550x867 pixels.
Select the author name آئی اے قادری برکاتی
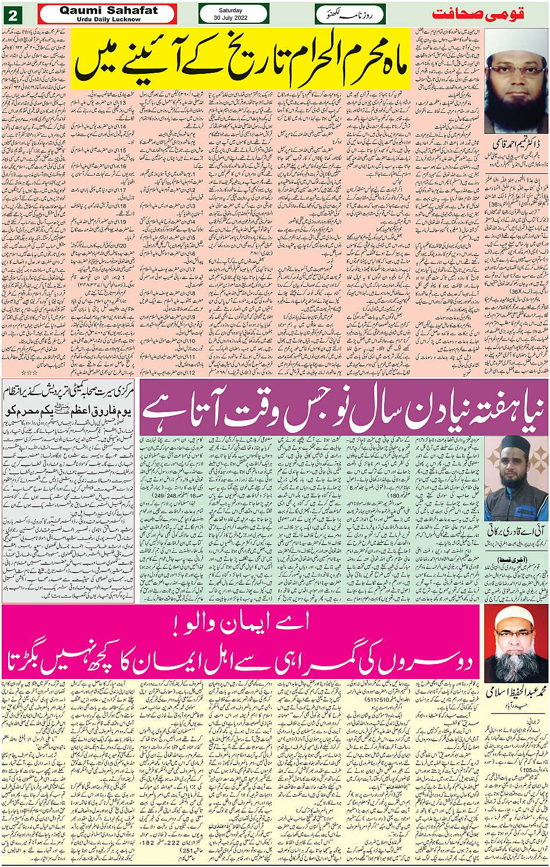point(515,531)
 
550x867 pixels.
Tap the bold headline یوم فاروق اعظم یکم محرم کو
point(69,411)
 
